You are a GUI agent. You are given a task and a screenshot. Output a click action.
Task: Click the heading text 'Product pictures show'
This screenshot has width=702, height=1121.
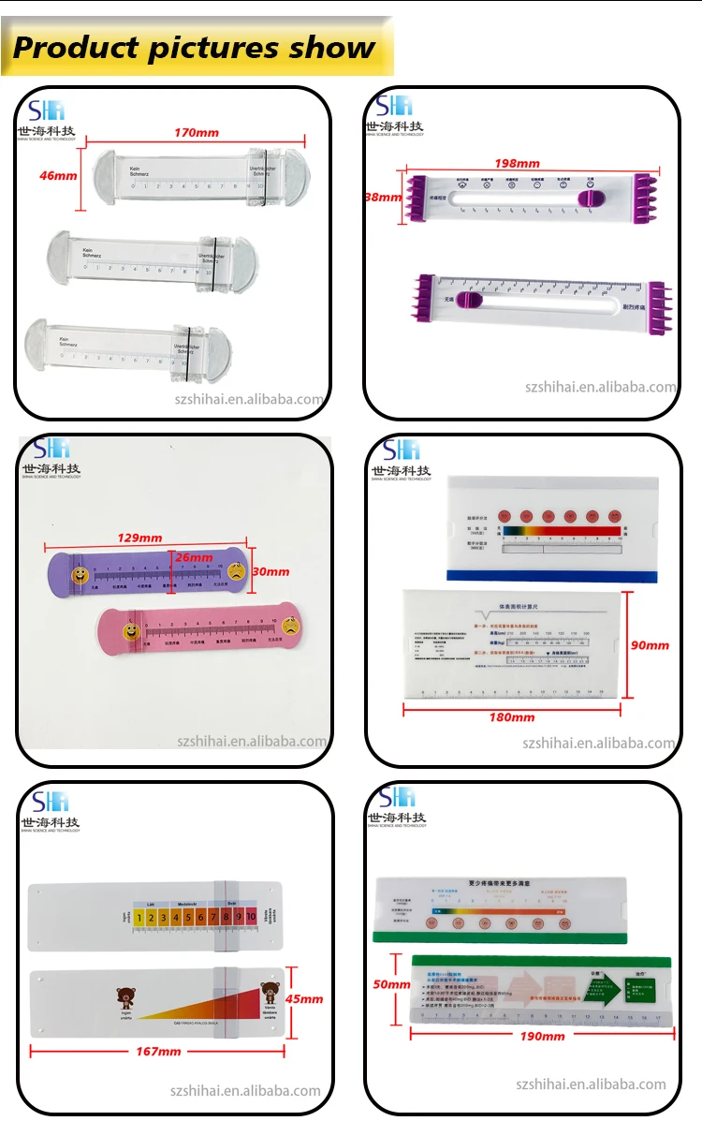[195, 47]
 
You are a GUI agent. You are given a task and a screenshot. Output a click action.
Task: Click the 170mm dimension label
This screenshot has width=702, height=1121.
[197, 133]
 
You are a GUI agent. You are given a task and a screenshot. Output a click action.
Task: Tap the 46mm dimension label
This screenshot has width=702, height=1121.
[58, 175]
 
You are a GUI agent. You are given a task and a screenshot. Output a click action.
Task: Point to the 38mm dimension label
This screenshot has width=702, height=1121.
[383, 198]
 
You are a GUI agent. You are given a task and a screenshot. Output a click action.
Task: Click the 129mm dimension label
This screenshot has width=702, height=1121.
[139, 538]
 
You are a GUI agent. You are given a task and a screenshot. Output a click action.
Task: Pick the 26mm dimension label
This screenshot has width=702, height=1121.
[194, 557]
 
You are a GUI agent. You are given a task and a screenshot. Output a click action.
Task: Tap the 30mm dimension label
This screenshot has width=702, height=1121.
[271, 571]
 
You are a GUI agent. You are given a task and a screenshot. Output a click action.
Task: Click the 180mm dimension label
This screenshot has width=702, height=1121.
[511, 716]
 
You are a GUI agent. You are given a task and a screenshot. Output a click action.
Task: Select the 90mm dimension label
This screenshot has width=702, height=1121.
[651, 645]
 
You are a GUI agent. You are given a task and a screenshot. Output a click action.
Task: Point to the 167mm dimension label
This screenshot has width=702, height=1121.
[157, 1052]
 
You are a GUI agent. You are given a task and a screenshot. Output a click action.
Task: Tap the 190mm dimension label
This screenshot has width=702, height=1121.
[542, 1036]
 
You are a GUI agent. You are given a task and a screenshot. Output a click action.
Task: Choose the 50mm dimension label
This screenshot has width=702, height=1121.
[391, 984]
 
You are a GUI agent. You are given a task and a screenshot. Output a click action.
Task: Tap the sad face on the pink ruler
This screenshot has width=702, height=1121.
[292, 629]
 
